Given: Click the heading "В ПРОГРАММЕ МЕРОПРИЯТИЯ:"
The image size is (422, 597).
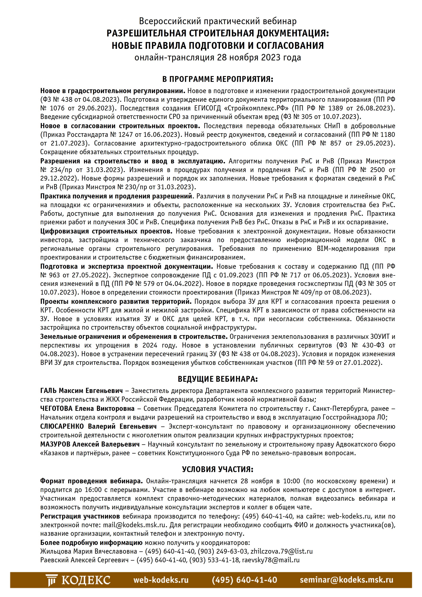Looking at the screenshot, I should click(x=218, y=79).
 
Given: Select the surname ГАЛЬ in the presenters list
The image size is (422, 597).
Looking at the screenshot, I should click(x=49, y=391).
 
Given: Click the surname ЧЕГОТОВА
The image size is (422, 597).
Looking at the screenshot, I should click(x=56, y=408).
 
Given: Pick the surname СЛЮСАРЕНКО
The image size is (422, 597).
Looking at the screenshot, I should click(x=62, y=426).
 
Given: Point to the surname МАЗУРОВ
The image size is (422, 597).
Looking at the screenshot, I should click(x=55, y=444).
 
